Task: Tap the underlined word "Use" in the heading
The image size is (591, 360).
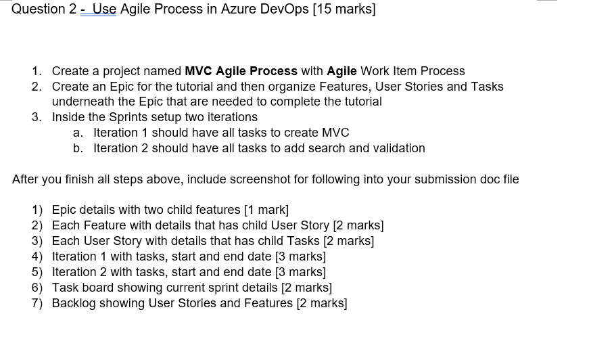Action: [x=104, y=9]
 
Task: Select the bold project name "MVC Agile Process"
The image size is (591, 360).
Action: [x=241, y=71]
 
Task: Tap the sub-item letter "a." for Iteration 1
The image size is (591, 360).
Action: [x=78, y=133]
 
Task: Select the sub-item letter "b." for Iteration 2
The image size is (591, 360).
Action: [x=78, y=148]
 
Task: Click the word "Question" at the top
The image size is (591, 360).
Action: [x=38, y=9]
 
